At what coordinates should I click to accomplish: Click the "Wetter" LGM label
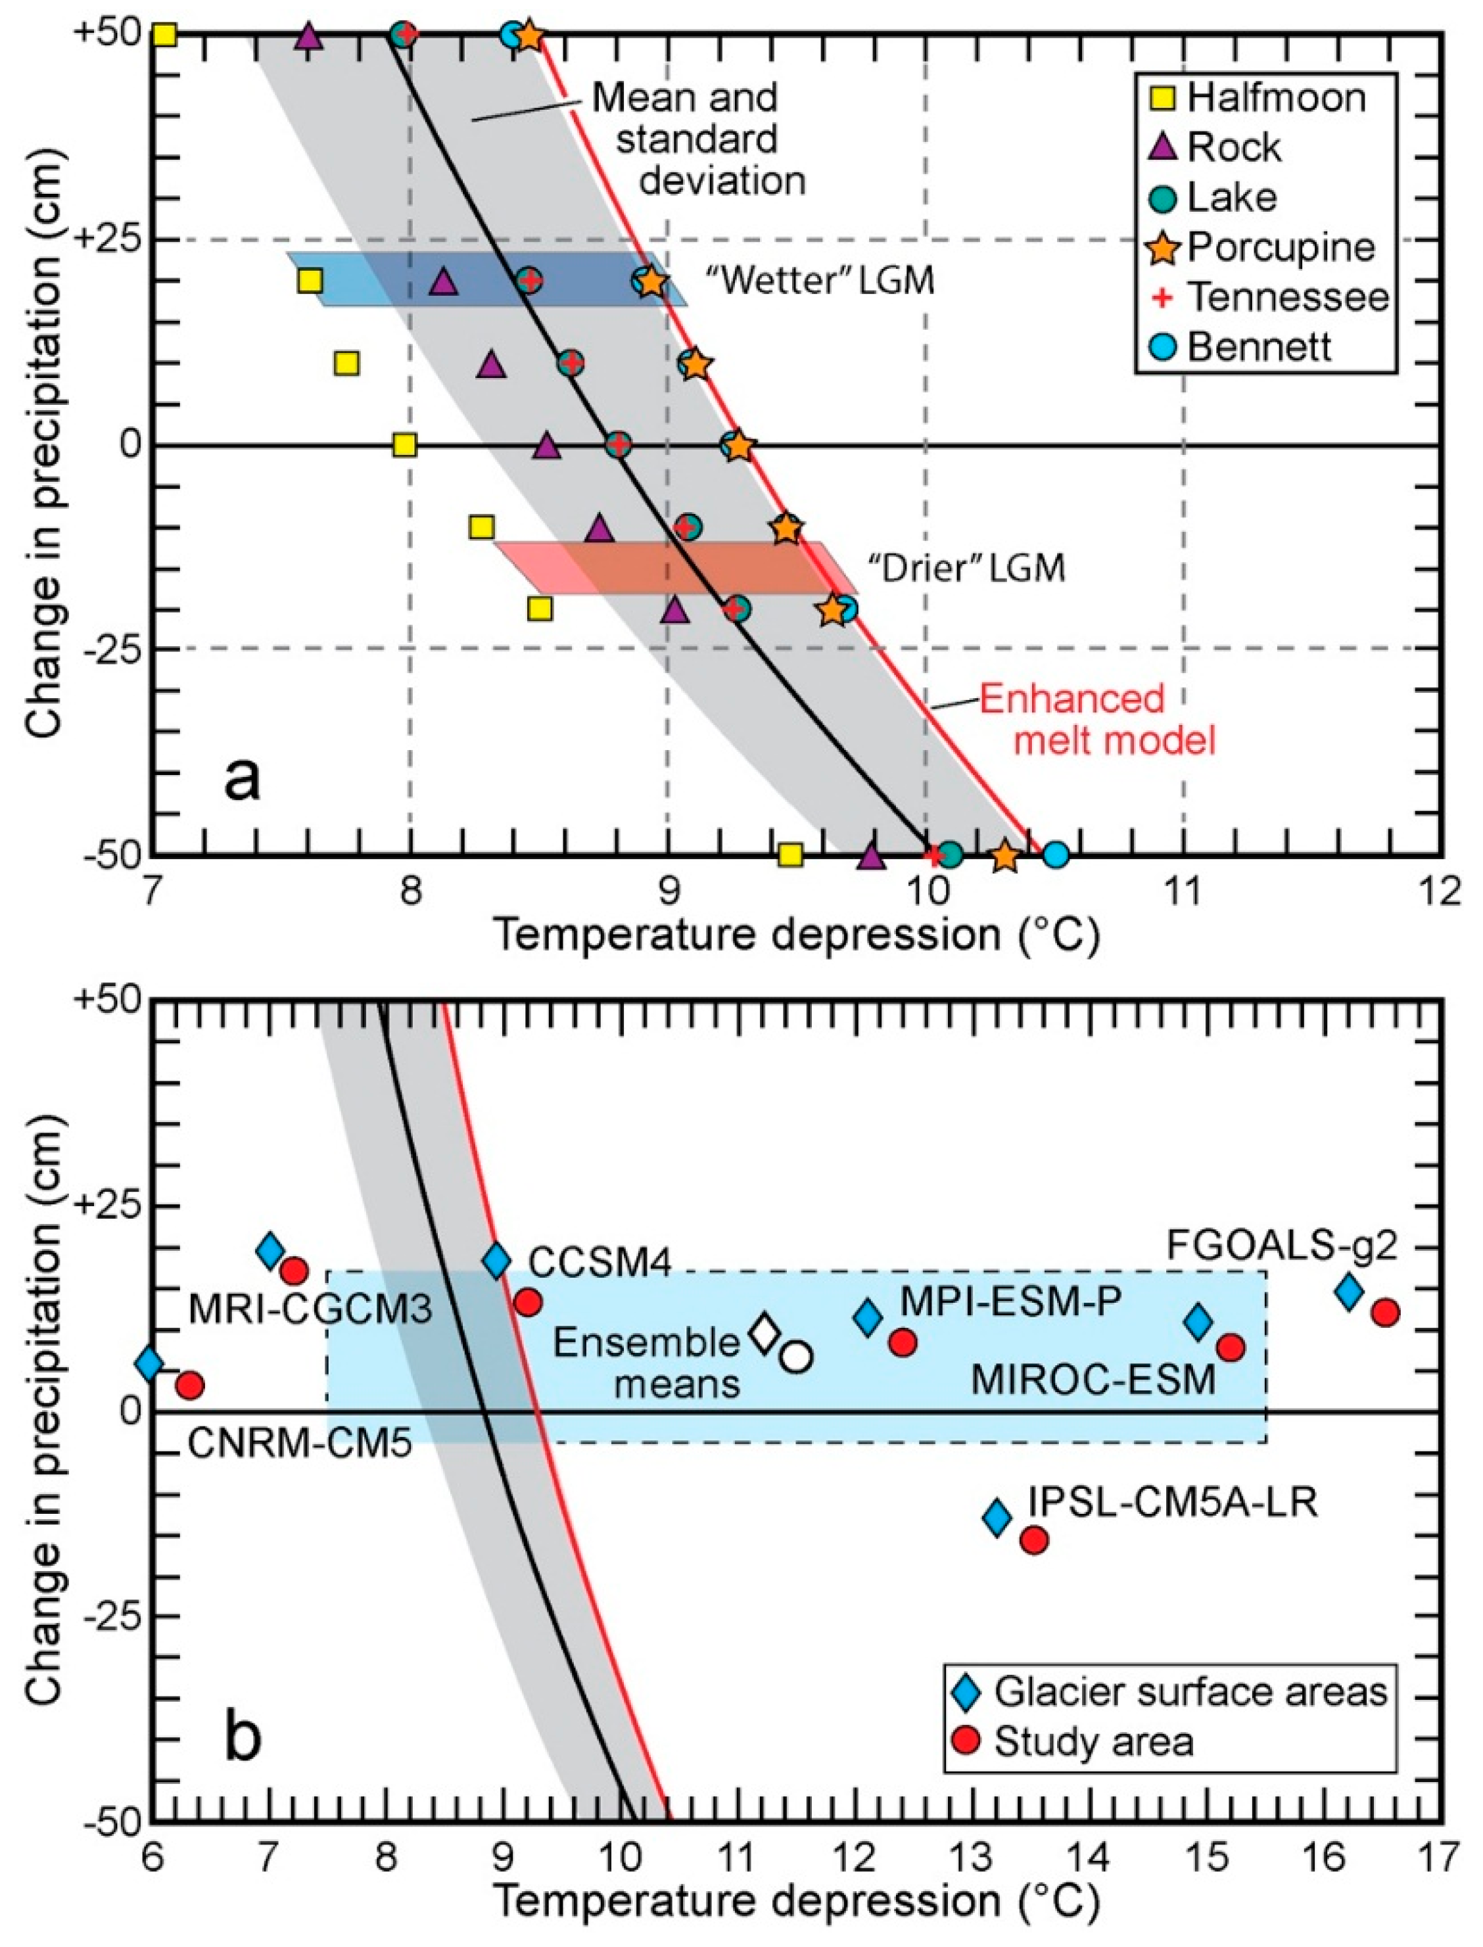(x=819, y=281)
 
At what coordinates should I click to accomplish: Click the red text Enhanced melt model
(x=1114, y=719)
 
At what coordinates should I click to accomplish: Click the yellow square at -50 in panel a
(x=790, y=855)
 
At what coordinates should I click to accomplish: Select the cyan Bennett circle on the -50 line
(x=1056, y=855)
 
